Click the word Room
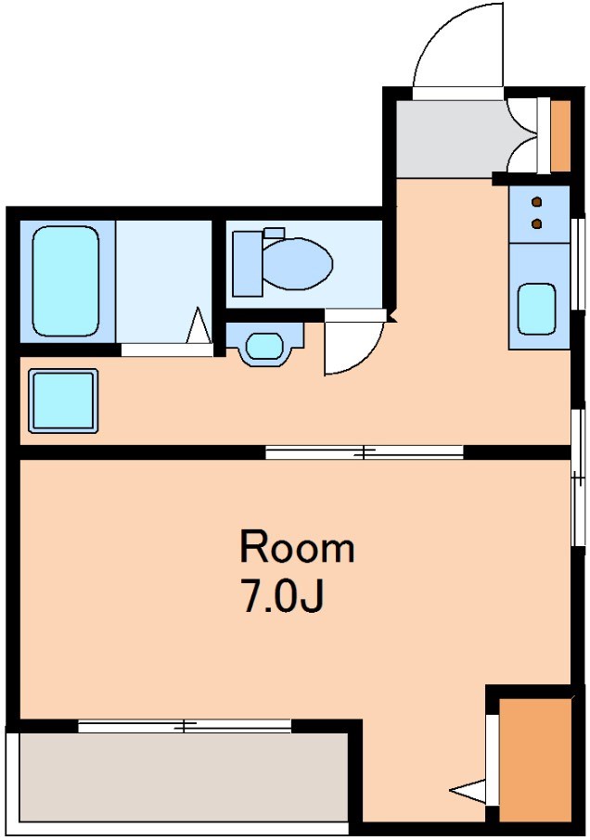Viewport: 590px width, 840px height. (297, 548)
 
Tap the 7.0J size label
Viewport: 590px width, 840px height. (282, 597)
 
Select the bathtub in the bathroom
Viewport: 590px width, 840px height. (65, 281)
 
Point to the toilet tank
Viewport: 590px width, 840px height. (247, 262)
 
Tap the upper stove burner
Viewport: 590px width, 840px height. (537, 201)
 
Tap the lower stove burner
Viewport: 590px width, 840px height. (537, 223)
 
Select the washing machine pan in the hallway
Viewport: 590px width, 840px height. (63, 400)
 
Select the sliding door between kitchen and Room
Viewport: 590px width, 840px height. (364, 452)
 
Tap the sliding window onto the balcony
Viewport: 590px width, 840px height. (185, 726)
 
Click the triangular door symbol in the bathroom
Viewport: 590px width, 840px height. (199, 327)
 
